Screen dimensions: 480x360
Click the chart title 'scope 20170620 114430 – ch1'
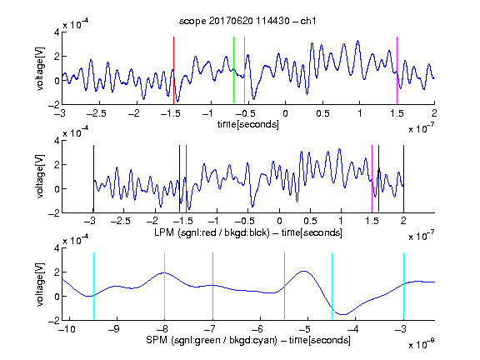tap(247, 21)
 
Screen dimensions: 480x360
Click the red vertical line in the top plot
tap(173, 70)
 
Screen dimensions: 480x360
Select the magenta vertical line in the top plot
tap(397, 70)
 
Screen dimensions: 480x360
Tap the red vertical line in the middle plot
tap(186, 179)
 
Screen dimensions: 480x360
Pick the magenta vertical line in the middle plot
tap(372, 179)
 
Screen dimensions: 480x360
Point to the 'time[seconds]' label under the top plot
tap(248, 124)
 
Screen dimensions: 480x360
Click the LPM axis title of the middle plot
tap(248, 232)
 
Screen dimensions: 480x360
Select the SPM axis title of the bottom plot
tap(248, 340)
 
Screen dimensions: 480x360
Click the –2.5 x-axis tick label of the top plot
tap(96, 113)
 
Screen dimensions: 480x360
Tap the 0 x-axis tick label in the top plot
tap(285, 113)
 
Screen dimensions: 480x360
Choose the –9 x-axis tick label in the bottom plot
tap(114, 329)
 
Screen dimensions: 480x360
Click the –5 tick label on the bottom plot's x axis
tap(305, 329)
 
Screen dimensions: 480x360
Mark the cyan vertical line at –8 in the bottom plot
tap(164, 286)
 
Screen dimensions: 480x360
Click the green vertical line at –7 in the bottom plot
tap(212, 286)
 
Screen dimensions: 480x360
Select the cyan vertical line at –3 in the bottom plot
tap(404, 286)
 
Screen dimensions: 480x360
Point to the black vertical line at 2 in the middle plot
tap(403, 179)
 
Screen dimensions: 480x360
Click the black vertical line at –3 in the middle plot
tap(93, 179)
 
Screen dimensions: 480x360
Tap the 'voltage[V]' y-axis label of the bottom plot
tap(40, 284)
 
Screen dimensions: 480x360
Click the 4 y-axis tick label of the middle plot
tap(57, 141)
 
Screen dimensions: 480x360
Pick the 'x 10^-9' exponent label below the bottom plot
tap(421, 343)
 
